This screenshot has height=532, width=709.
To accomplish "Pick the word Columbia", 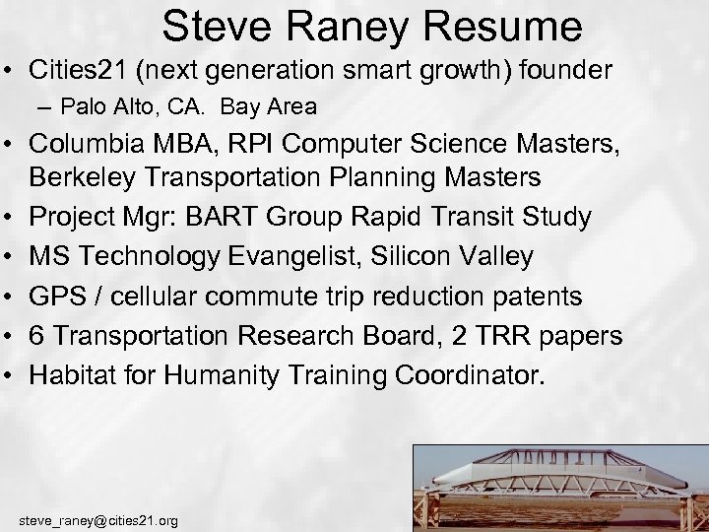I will [x=85, y=144].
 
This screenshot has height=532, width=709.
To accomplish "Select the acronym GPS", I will [x=55, y=297].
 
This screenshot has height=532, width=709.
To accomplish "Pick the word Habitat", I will [x=69, y=375].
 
